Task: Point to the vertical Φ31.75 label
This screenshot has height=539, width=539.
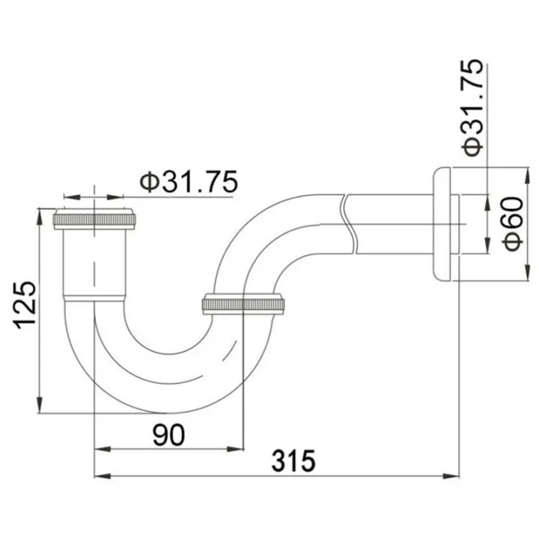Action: pyautogui.click(x=473, y=109)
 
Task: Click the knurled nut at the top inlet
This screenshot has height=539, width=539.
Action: pyautogui.click(x=97, y=219)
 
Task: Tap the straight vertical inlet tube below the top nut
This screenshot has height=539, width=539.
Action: pyautogui.click(x=94, y=262)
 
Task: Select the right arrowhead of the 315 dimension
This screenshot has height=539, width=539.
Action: pyautogui.click(x=452, y=475)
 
